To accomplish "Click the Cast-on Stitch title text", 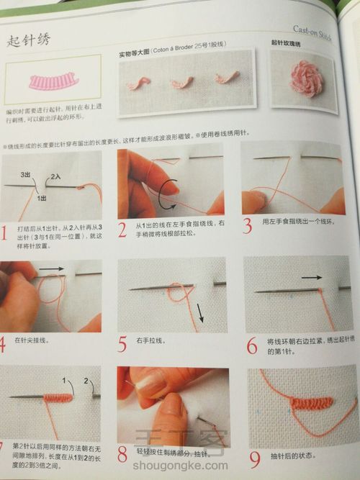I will click(312, 31).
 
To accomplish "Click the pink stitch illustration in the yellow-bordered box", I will click(53, 81).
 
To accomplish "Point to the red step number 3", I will click(247, 226).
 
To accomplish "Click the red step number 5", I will click(122, 344).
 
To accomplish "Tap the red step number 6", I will click(251, 346).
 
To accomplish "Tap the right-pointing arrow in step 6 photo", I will click(312, 276).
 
